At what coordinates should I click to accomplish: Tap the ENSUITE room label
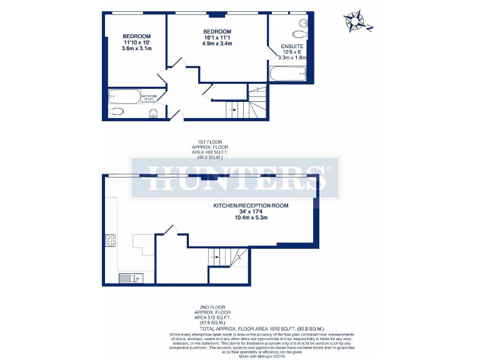point(292,46)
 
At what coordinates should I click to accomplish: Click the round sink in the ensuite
point(303,23)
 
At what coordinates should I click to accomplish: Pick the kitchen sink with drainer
point(130,278)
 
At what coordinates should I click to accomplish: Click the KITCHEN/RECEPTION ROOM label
point(251,206)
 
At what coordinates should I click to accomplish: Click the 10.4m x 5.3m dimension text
point(251,218)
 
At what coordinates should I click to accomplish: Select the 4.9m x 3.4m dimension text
point(217,44)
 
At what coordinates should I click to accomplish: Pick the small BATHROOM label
point(148,96)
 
